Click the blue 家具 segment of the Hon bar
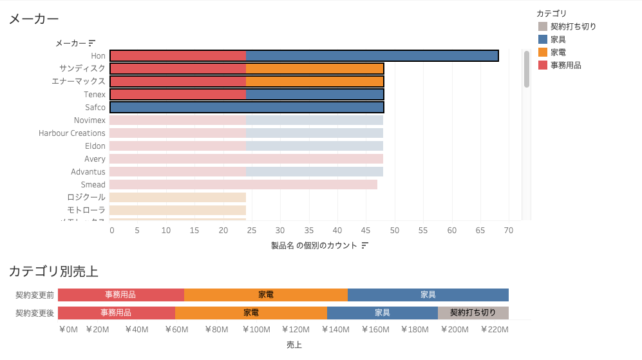(x=372, y=56)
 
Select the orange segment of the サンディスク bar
(x=314, y=69)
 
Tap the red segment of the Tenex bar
(x=178, y=95)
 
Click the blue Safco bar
(x=247, y=108)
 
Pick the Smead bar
(x=243, y=185)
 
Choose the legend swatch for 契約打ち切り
(x=542, y=26)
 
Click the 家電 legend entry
(x=558, y=52)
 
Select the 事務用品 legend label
(x=565, y=65)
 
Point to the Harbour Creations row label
(x=71, y=133)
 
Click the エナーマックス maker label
(x=78, y=82)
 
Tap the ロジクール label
(x=86, y=198)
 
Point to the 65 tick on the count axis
(x=480, y=230)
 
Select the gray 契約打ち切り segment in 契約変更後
(x=473, y=313)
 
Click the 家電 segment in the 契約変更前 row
(x=265, y=295)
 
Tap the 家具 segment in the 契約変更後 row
(x=382, y=313)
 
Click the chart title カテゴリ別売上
(x=53, y=271)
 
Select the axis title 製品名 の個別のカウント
(x=314, y=245)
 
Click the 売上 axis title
(x=294, y=345)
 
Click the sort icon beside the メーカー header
(x=92, y=43)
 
